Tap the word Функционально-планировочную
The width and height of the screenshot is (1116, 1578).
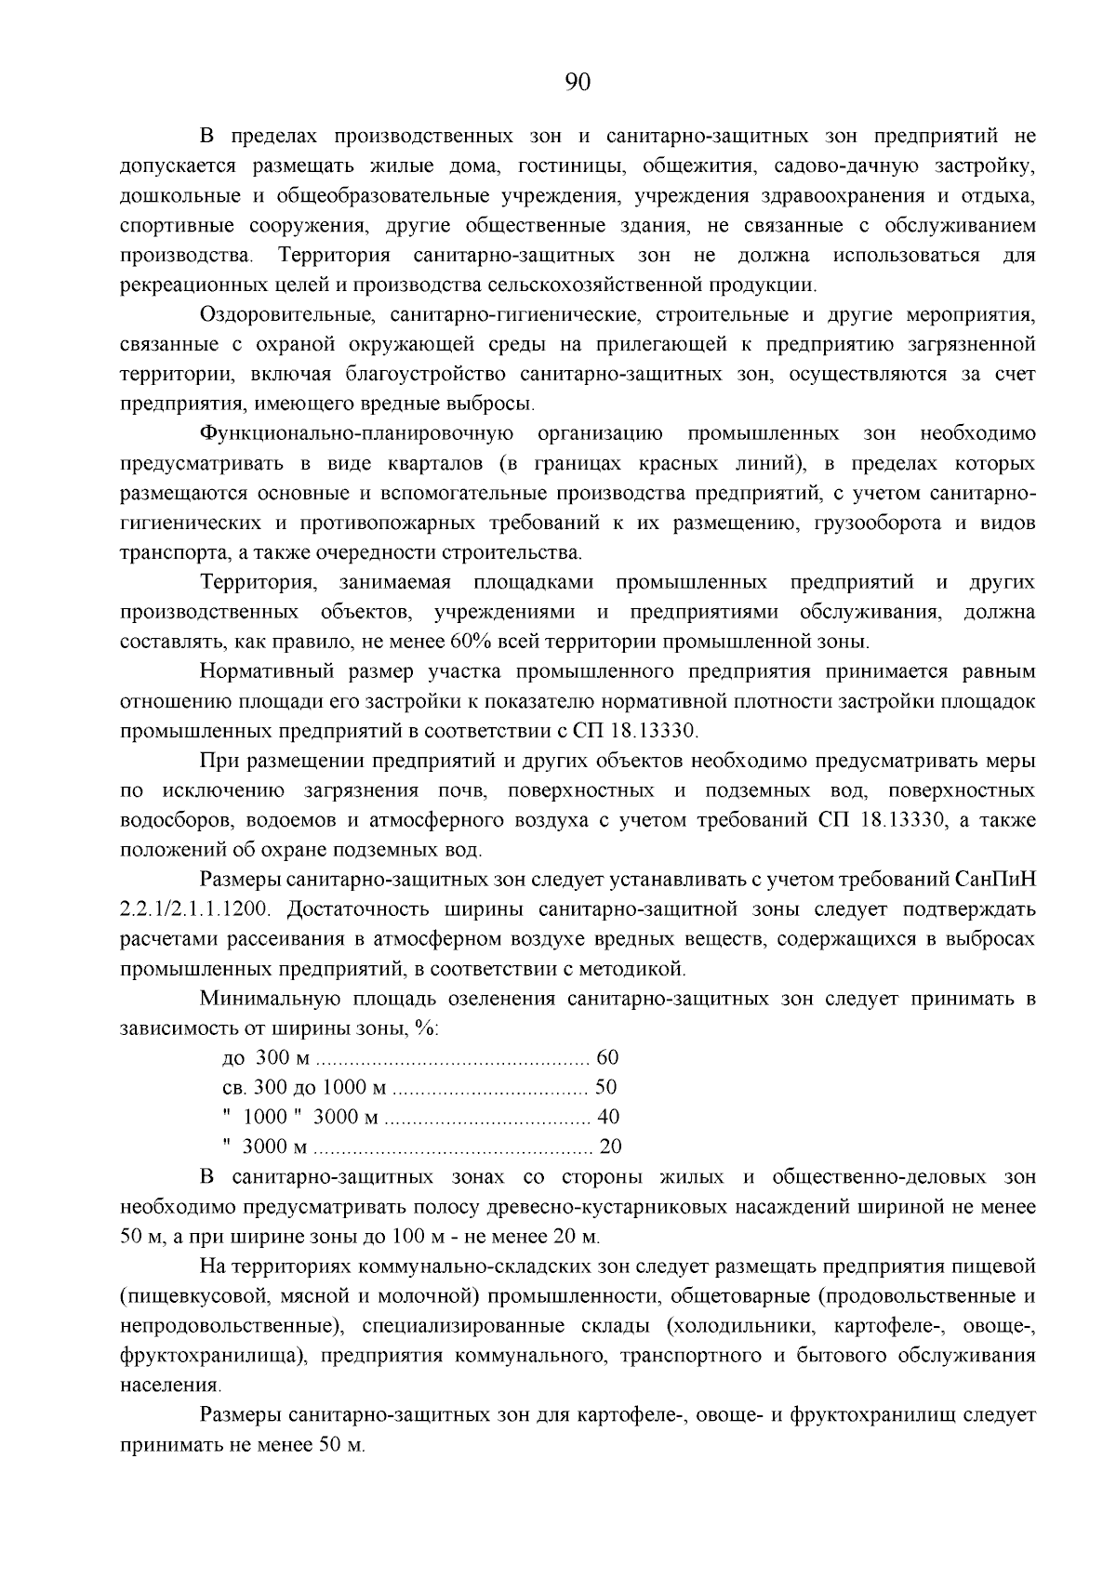coord(357,434)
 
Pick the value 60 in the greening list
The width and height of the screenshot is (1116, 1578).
coord(606,1058)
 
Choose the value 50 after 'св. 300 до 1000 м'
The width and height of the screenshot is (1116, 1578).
coord(605,1088)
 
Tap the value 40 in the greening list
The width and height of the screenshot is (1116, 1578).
coord(608,1117)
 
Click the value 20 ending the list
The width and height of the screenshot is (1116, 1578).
coord(610,1147)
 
